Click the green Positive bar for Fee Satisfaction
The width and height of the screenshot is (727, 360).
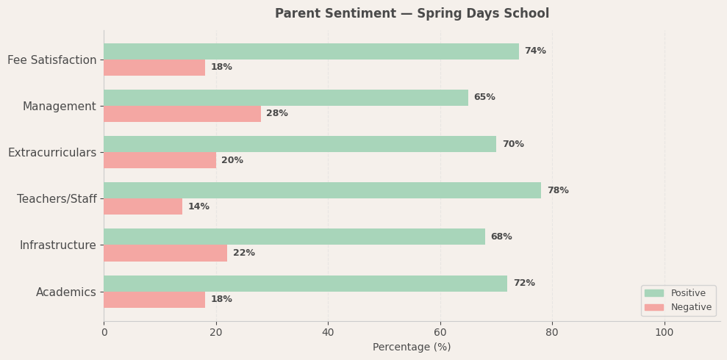point(311,51)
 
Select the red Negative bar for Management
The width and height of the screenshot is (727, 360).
point(182,114)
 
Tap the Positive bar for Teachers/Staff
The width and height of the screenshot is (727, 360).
point(322,190)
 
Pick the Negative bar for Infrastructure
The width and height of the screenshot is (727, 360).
point(165,253)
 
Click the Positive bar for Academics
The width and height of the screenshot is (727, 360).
point(305,284)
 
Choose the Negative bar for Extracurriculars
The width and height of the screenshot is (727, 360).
point(160,160)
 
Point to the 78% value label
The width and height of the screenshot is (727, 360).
point(557,191)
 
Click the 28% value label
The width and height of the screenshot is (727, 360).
point(277,114)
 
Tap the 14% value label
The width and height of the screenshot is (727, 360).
point(198,207)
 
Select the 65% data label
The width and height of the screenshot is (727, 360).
point(484,98)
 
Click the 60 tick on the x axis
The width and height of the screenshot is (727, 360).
point(440,333)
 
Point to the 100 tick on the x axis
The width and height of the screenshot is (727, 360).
point(665,333)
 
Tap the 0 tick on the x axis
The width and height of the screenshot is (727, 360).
point(104,333)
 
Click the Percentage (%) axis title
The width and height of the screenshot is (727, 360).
point(412,348)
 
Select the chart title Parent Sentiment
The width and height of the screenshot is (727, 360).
point(412,14)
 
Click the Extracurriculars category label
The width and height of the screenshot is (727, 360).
point(52,153)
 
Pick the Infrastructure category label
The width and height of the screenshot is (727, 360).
point(57,245)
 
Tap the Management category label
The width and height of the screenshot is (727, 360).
point(59,107)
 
